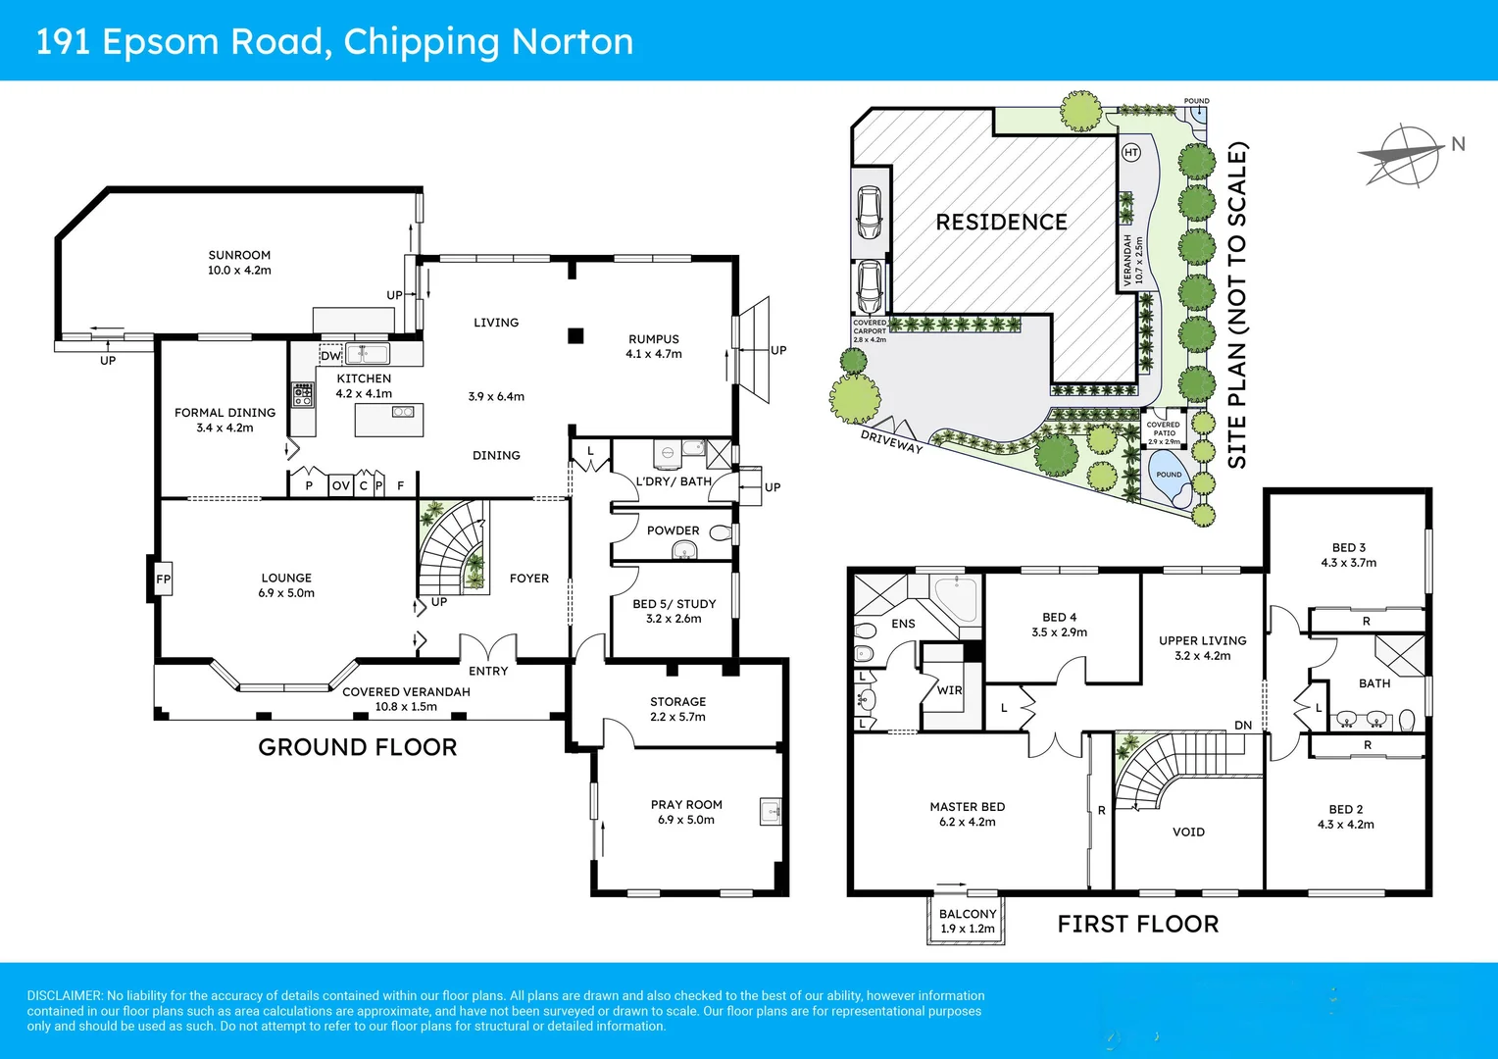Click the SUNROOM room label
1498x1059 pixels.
pyautogui.click(x=239, y=255)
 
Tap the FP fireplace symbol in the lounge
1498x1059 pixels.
pyautogui.click(x=163, y=580)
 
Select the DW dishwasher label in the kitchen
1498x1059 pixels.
pyautogui.click(x=330, y=356)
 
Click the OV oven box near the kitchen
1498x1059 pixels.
pyautogui.click(x=340, y=485)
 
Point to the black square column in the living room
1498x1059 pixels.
pyautogui.click(x=575, y=336)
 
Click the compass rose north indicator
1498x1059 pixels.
pyautogui.click(x=1404, y=155)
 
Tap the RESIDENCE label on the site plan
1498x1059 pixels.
pyautogui.click(x=1001, y=223)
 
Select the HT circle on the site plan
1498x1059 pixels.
pyautogui.click(x=1131, y=152)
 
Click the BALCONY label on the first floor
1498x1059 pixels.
pyautogui.click(x=967, y=914)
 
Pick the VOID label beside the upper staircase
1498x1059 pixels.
pyautogui.click(x=1188, y=832)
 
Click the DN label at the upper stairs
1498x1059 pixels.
pyautogui.click(x=1242, y=726)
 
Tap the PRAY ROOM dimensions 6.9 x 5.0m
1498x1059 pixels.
pyautogui.click(x=686, y=820)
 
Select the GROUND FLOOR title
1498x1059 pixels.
pyautogui.click(x=357, y=747)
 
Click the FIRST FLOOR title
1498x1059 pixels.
pyautogui.click(x=1137, y=924)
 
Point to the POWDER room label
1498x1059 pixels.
pyautogui.click(x=673, y=530)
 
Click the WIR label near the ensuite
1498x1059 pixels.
pyautogui.click(x=949, y=690)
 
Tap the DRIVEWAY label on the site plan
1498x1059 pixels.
pyautogui.click(x=891, y=441)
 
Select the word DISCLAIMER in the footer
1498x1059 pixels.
pyautogui.click(x=65, y=995)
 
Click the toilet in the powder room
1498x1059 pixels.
pyautogui.click(x=721, y=533)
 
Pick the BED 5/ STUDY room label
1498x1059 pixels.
pyautogui.click(x=674, y=604)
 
